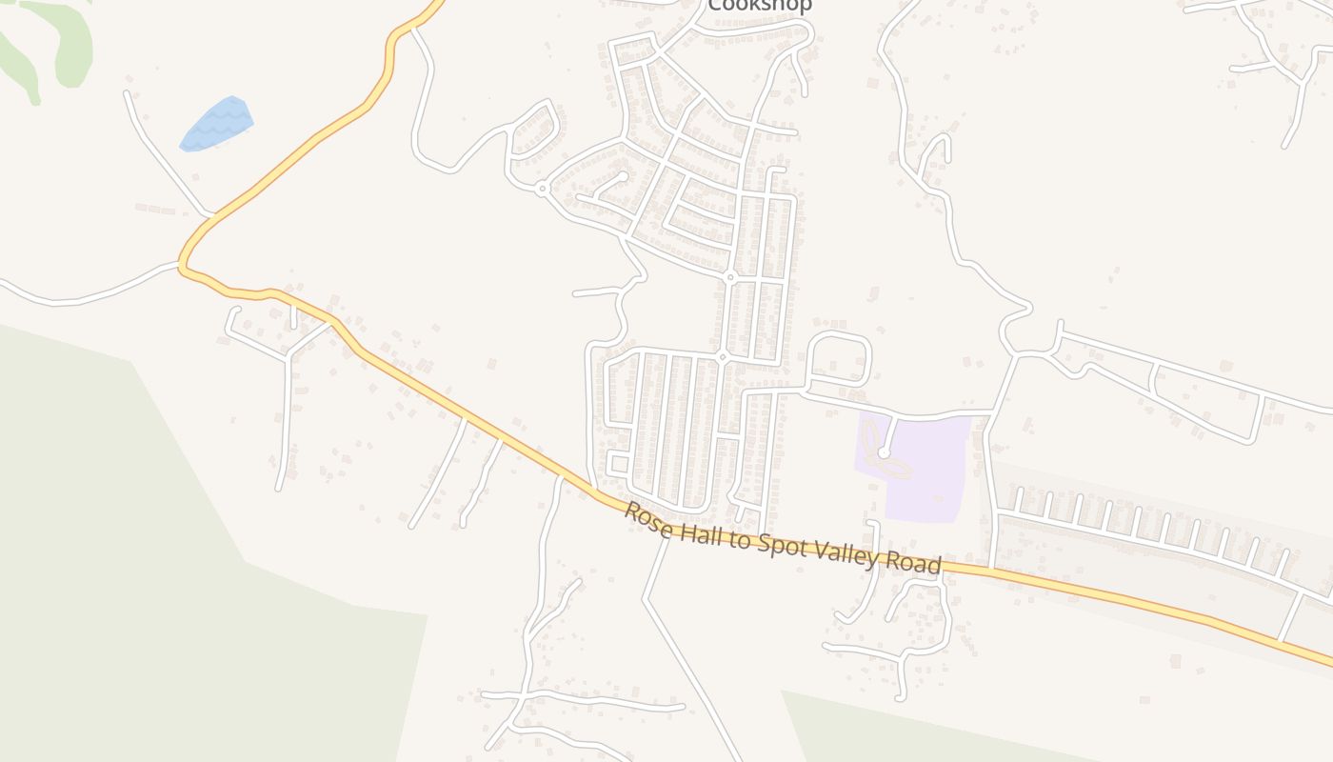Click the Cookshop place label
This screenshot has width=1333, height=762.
pyautogui.click(x=759, y=6)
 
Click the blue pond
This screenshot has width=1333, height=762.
pyautogui.click(x=217, y=124)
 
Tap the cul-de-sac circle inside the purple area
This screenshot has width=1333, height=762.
pyautogui.click(x=884, y=454)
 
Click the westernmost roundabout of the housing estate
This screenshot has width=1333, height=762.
pyautogui.click(x=542, y=189)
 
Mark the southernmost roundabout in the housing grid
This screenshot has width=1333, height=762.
pyautogui.click(x=723, y=357)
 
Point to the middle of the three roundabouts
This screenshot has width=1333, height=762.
pyautogui.click(x=730, y=277)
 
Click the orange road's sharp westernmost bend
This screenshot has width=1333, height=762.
pyautogui.click(x=181, y=266)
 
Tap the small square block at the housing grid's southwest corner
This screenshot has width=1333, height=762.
pyautogui.click(x=617, y=464)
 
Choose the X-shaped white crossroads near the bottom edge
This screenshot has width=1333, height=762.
pyautogui.click(x=520, y=701)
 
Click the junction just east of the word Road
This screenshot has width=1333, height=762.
pyautogui.click(x=992, y=570)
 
